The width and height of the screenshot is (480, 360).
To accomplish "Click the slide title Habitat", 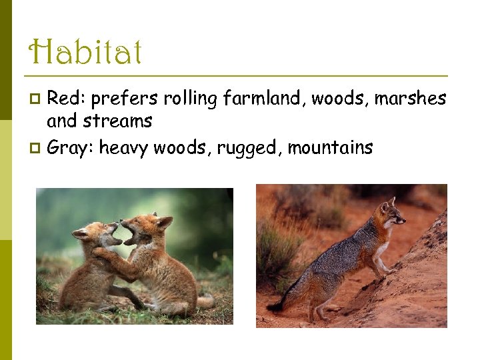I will click(86, 52).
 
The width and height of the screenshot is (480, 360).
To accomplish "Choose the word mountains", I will click(331, 147).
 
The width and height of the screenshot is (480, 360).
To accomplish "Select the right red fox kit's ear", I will click(164, 222).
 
